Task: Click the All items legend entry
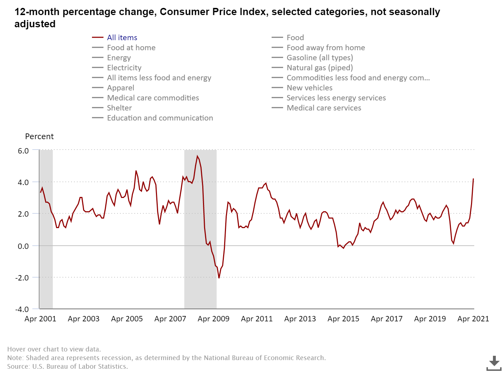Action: (x=122, y=38)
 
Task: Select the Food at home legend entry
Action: (x=131, y=48)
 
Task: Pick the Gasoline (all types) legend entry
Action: (x=319, y=58)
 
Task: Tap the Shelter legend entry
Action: (x=119, y=108)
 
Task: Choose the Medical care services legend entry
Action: (x=324, y=108)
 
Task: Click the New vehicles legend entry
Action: (x=309, y=88)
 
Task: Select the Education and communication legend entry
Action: (x=160, y=118)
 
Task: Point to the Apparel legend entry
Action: (x=120, y=88)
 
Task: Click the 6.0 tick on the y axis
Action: (x=23, y=151)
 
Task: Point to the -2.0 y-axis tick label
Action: (x=22, y=278)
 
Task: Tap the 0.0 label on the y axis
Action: (x=23, y=246)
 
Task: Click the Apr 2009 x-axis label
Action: (x=213, y=319)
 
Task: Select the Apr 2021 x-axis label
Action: (x=473, y=319)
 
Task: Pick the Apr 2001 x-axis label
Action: (x=40, y=319)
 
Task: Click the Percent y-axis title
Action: (x=39, y=137)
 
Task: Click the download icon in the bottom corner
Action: (x=494, y=363)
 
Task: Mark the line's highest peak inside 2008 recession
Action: (x=197, y=156)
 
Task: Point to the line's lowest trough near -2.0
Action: (x=219, y=278)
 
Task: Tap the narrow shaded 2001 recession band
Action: (x=46, y=230)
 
